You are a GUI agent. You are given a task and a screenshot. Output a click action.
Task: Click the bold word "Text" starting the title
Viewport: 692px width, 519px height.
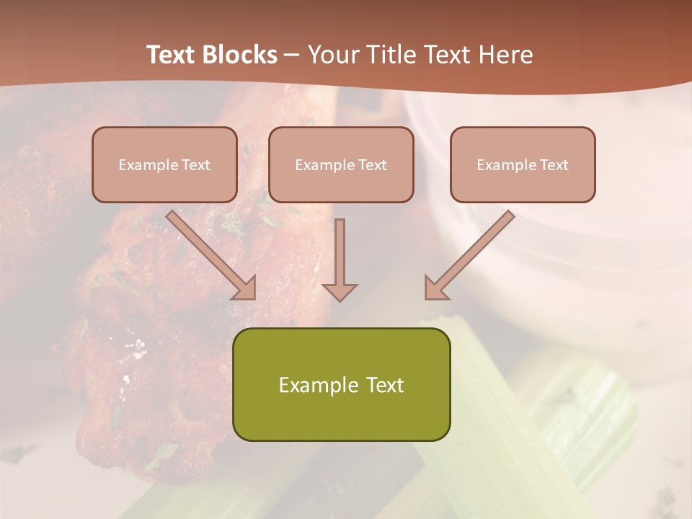click(x=174, y=55)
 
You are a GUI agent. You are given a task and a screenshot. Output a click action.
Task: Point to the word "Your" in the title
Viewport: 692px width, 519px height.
click(x=334, y=55)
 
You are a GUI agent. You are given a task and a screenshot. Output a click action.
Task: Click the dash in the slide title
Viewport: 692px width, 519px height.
click(x=292, y=56)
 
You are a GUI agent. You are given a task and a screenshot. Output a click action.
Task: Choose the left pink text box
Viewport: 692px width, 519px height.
click(x=164, y=164)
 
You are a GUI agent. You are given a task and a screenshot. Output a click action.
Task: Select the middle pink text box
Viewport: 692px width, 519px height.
click(x=341, y=164)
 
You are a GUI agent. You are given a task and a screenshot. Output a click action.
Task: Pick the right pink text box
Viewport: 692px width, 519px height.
click(x=523, y=164)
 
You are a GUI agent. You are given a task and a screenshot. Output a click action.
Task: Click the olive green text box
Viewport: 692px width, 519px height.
click(x=341, y=384)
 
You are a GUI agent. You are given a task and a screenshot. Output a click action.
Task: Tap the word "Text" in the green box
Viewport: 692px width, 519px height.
click(x=385, y=385)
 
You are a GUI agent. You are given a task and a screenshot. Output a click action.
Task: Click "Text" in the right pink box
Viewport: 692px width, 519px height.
click(x=554, y=165)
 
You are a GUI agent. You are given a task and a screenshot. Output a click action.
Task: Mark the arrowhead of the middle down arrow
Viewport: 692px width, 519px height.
click(x=340, y=291)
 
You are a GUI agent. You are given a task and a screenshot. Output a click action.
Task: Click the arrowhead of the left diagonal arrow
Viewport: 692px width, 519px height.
click(x=247, y=289)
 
